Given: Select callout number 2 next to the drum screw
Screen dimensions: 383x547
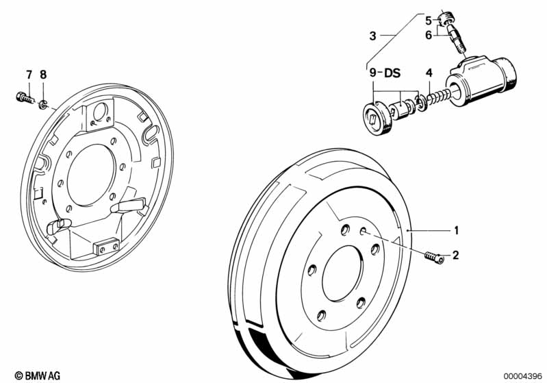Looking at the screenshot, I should point(455,255).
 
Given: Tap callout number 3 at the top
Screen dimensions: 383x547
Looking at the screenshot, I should point(373,36).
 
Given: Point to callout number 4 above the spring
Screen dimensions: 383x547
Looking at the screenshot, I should point(429,73).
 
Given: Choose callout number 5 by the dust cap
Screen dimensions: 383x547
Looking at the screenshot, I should point(429,19).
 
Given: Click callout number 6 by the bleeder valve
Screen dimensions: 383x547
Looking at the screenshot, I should point(429,35).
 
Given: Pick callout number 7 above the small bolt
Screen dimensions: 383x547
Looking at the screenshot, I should point(29,74).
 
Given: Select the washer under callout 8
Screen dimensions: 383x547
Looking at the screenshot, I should point(42,104).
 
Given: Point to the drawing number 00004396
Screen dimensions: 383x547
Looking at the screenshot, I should point(523,375).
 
